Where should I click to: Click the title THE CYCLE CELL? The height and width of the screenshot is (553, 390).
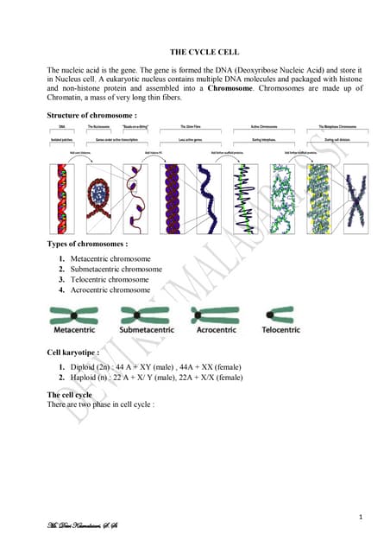(204, 52)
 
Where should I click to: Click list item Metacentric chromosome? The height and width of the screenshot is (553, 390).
(110, 259)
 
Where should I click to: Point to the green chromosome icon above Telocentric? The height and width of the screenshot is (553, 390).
(280, 314)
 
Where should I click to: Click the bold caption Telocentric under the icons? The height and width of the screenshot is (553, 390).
(280, 330)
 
